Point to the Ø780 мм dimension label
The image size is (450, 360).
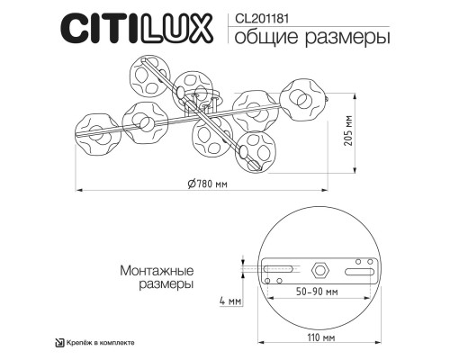tap(211, 183)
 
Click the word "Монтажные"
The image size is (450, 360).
tap(155, 269)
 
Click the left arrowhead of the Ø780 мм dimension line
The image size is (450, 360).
tap(76, 190)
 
